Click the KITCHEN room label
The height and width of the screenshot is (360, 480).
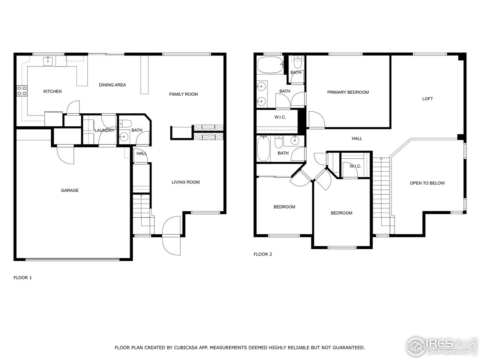pyautogui.click(x=52, y=91)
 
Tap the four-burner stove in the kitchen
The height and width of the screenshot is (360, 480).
pyautogui.click(x=22, y=90)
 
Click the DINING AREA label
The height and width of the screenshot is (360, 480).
pyautogui.click(x=112, y=85)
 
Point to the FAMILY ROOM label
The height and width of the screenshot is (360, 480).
pyautogui.click(x=183, y=94)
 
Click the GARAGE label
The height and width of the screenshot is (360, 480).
pyautogui.click(x=70, y=190)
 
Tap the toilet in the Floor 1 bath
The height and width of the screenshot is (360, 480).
pyautogui.click(x=125, y=124)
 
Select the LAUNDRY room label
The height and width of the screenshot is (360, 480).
pyautogui.click(x=104, y=130)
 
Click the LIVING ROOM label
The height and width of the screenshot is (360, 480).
pyautogui.click(x=186, y=182)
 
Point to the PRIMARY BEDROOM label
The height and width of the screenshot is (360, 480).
pyautogui.click(x=348, y=92)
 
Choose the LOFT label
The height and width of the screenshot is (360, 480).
pyautogui.click(x=427, y=99)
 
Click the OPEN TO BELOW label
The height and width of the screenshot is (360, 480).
pyautogui.click(x=427, y=183)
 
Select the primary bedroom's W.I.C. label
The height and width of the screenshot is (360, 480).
pyautogui.click(x=280, y=117)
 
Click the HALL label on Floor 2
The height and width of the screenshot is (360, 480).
pyautogui.click(x=357, y=139)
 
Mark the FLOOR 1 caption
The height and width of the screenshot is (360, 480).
pyautogui.click(x=22, y=277)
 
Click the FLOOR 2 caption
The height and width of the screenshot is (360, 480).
pyautogui.click(x=262, y=254)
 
